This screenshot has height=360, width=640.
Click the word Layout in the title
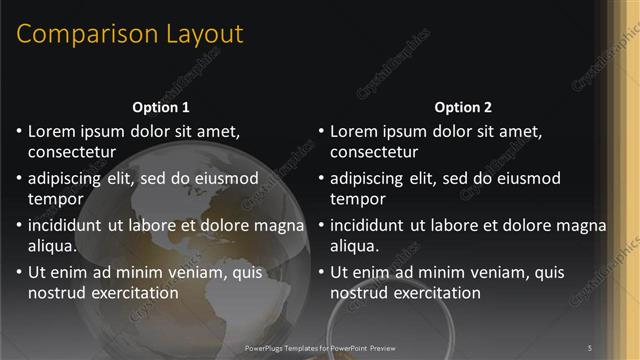click(x=198, y=34)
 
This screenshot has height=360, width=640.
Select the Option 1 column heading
click(x=160, y=107)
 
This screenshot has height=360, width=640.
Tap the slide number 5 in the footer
click(x=590, y=347)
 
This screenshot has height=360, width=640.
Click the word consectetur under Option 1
click(x=72, y=152)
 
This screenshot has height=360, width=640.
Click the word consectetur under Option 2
click(x=374, y=152)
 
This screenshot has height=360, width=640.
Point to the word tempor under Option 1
click(x=54, y=199)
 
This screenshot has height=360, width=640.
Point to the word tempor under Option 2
click(x=356, y=199)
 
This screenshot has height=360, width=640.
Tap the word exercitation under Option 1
click(x=135, y=293)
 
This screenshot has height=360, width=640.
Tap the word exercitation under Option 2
click(x=437, y=293)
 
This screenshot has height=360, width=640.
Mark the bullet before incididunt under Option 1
click(x=19, y=226)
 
